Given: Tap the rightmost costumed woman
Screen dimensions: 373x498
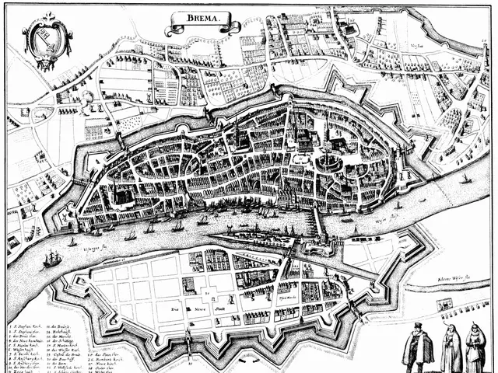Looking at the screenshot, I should (x=475, y=347).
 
